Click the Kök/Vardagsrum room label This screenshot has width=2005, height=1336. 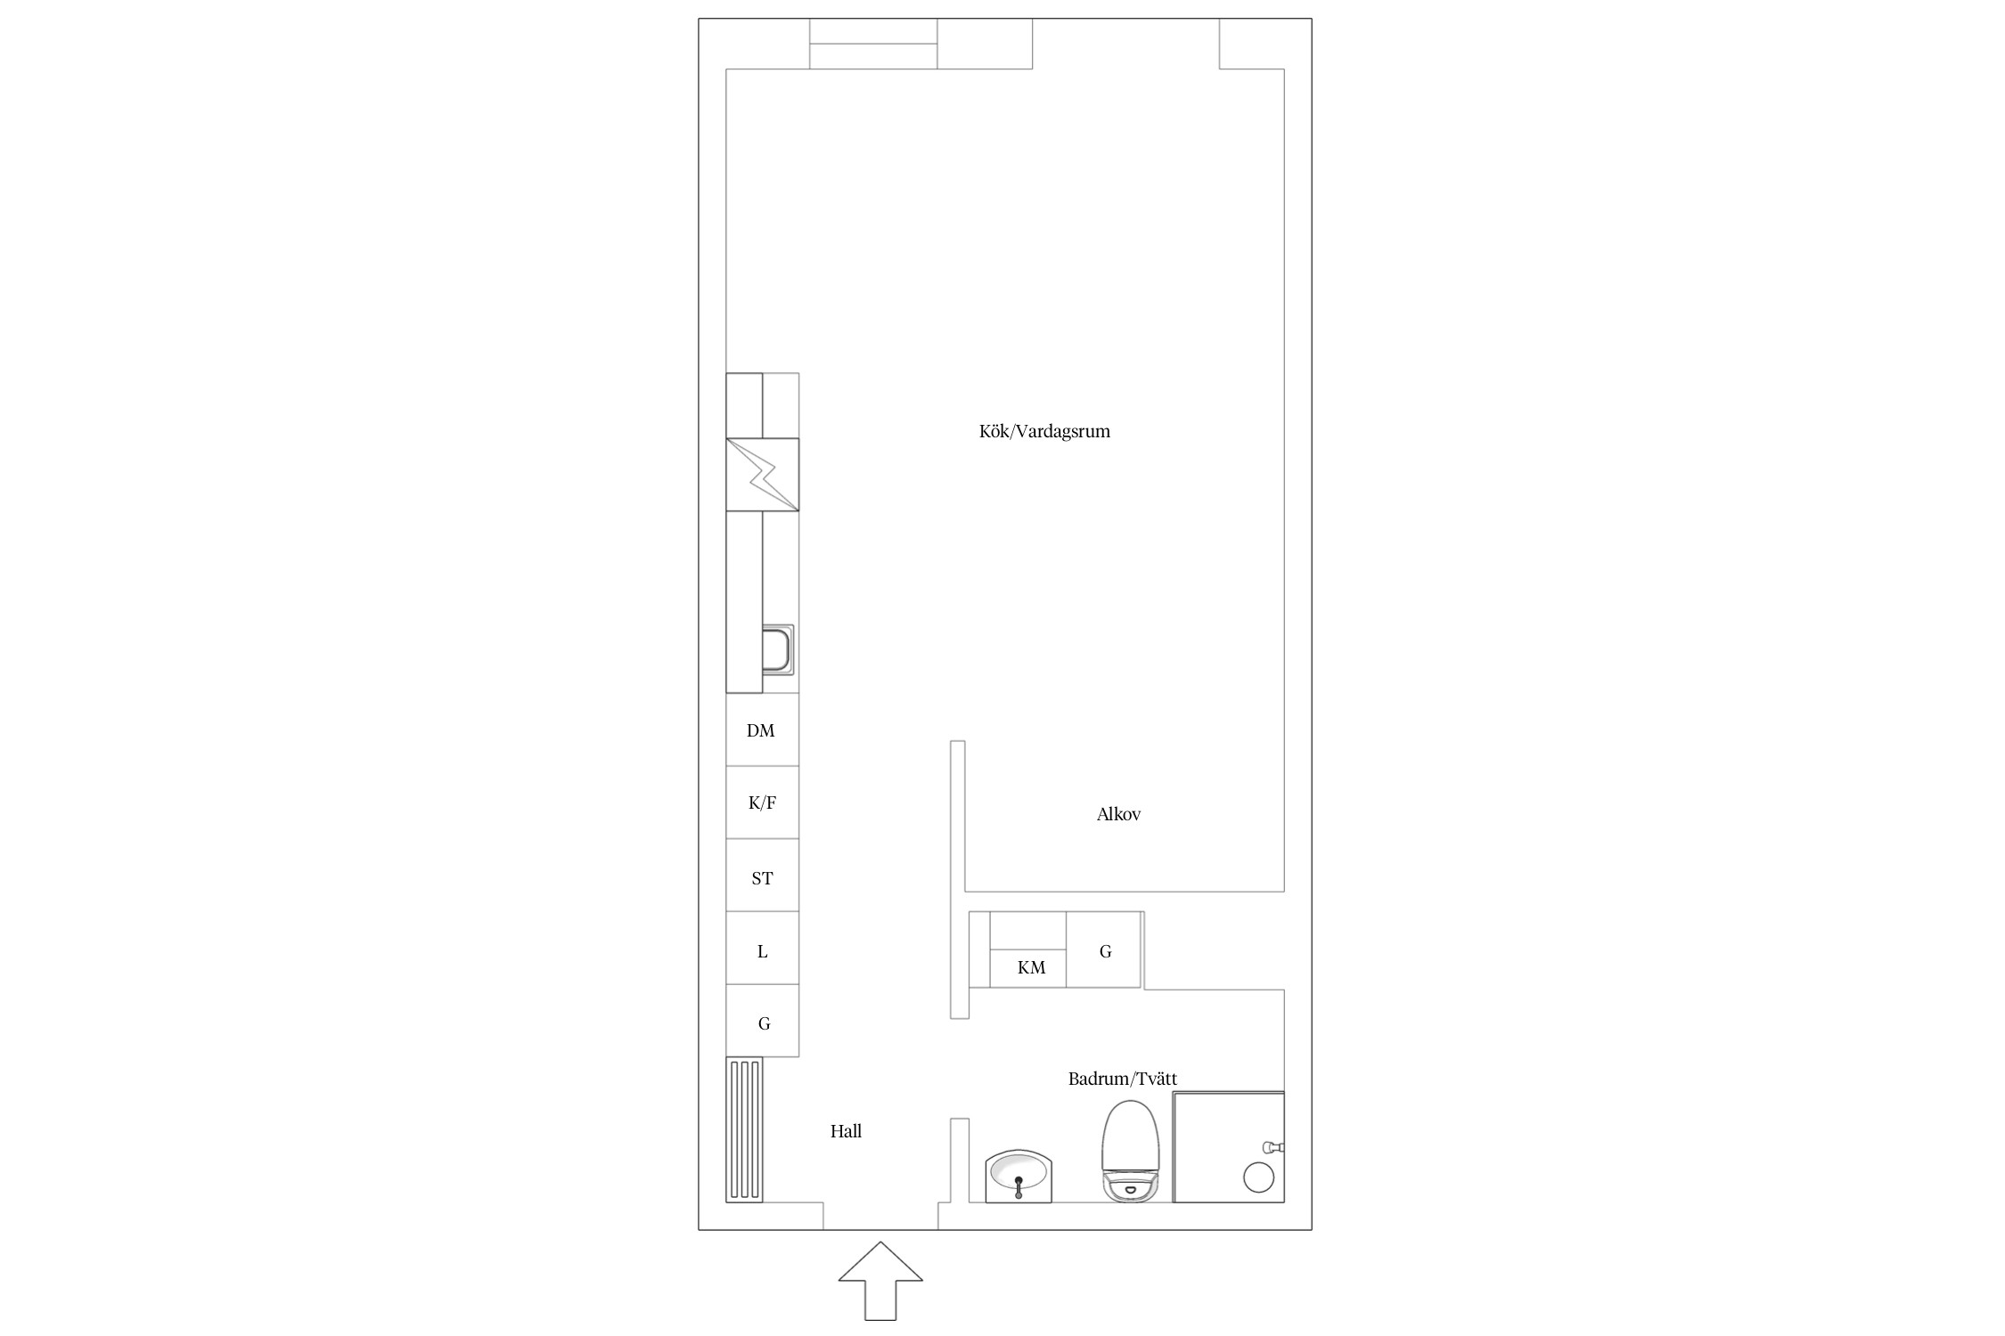point(1044,432)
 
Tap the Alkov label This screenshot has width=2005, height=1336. point(1118,814)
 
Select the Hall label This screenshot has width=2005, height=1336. point(846,1131)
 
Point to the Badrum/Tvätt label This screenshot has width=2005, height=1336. point(1123,1079)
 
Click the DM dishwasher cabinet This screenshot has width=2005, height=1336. point(762,729)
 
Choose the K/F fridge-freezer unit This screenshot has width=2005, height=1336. point(762,802)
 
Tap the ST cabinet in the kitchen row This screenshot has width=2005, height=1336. point(762,876)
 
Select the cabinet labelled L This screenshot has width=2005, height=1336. point(762,949)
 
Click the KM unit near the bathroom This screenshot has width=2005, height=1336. point(1028,949)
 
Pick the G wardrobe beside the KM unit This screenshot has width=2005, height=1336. point(1104,949)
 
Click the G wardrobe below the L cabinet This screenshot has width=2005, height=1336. point(762,1021)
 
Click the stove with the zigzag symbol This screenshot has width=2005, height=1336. point(762,475)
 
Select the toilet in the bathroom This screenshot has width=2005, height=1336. point(1131,1151)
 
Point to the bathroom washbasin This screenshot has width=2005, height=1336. point(1019,1177)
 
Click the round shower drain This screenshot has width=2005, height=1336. point(1258,1177)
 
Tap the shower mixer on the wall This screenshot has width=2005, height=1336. point(1273,1146)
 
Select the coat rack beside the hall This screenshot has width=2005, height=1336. point(744,1130)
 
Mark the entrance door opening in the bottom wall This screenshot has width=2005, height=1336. point(880,1216)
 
